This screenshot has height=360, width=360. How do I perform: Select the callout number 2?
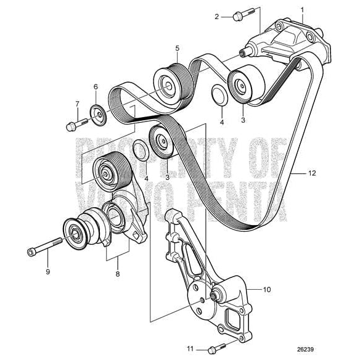(217, 17)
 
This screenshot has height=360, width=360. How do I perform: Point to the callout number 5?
(177, 47)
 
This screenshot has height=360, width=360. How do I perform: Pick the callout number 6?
(96, 87)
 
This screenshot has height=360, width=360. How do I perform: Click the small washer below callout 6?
(97, 113)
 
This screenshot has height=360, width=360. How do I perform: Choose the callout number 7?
(77, 104)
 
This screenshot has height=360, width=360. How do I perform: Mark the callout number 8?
(117, 275)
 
